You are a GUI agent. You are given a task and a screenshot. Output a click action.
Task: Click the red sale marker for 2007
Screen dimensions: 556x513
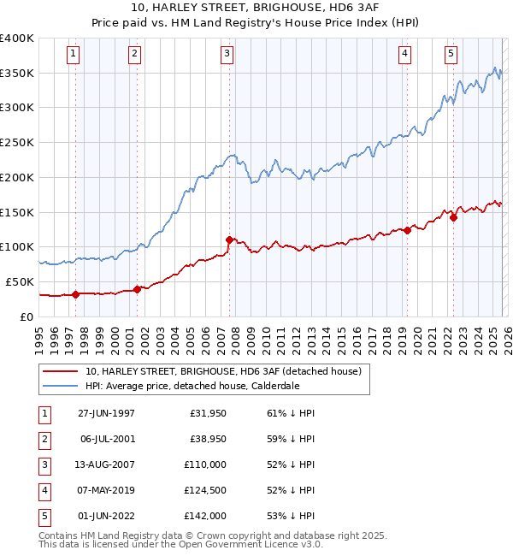coord(229,240)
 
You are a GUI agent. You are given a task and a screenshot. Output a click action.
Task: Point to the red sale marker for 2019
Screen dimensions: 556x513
coord(408,229)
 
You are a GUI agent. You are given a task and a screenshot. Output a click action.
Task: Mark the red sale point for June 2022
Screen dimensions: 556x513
coord(453,217)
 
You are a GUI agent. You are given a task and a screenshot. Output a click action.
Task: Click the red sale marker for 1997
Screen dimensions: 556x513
coord(76,294)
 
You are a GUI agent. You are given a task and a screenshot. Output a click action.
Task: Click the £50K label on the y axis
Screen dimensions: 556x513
coord(20,281)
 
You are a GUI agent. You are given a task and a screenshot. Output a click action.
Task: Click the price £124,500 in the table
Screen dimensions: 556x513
coord(204,490)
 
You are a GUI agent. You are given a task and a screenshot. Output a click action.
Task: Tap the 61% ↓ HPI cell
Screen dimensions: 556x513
coord(291,412)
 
